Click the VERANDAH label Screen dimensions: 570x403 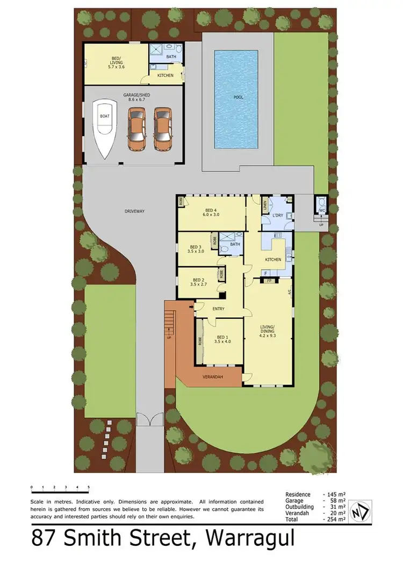point(212,376)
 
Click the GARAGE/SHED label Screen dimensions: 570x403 point(133,95)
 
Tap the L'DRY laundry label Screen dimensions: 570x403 point(277,216)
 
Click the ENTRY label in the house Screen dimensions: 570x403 point(218,309)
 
